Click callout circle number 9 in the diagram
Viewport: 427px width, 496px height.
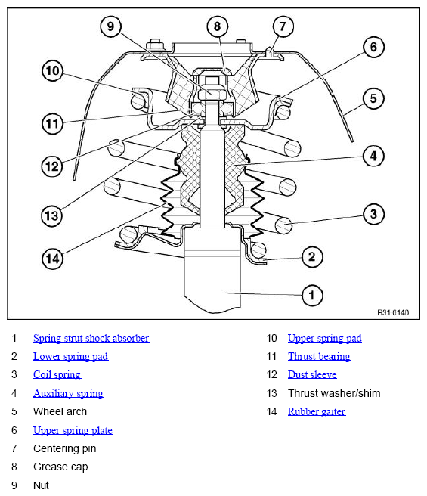coord(110,26)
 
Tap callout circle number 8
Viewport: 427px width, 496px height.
coord(218,26)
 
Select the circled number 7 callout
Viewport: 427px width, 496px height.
coord(283,26)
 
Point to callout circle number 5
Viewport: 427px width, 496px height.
coord(373,98)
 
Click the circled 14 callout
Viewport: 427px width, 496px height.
coord(52,259)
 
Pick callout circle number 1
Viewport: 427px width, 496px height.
coord(312,296)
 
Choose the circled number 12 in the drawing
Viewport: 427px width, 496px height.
coord(52,166)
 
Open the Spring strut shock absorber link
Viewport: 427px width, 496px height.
coord(91,338)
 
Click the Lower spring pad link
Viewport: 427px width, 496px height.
coord(70,357)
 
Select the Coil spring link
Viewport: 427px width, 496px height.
coord(57,374)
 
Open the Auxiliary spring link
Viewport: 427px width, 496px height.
coord(68,393)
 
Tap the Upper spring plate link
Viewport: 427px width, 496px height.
coord(73,430)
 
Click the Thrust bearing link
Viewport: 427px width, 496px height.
coord(319,357)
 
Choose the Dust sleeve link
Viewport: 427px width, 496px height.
coord(312,374)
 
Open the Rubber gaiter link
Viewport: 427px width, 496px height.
coord(317,411)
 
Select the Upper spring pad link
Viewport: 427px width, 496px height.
coord(325,338)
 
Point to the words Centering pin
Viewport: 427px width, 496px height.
coord(64,448)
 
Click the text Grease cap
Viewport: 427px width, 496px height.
coord(60,467)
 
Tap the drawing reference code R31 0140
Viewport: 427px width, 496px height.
coord(393,312)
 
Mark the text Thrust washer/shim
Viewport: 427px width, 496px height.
coord(334,393)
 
